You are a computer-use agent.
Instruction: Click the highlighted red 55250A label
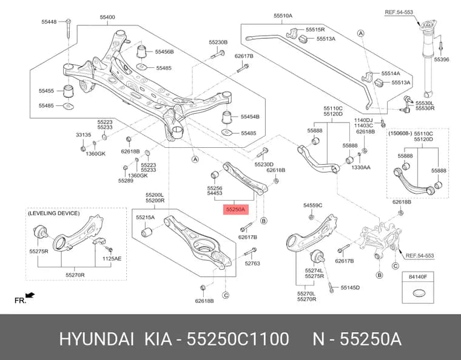point(235,209)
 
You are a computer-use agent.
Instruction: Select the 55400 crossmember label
point(107,17)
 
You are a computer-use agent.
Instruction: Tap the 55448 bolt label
point(49,21)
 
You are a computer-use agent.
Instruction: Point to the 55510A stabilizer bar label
point(283,16)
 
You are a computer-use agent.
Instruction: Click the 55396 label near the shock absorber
point(442,59)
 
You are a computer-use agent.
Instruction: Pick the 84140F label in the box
point(417,276)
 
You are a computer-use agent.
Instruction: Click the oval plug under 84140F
point(418,293)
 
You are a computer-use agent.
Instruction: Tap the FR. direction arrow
point(30,295)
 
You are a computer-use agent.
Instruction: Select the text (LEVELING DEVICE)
point(53,213)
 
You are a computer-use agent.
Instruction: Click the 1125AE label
point(112,259)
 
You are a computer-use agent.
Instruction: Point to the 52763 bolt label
point(252,264)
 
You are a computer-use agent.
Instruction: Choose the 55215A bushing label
point(145,218)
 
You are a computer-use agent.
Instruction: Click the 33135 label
point(84,135)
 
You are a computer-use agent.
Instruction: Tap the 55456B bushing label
point(164,52)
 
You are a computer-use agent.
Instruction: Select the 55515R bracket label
point(315,29)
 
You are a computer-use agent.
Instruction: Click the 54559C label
point(313,205)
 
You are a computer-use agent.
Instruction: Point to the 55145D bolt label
point(350,287)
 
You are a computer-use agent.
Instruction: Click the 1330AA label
point(361,167)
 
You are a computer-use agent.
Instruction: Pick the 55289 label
point(126,181)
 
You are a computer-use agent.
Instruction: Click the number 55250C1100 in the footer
point(238,339)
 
